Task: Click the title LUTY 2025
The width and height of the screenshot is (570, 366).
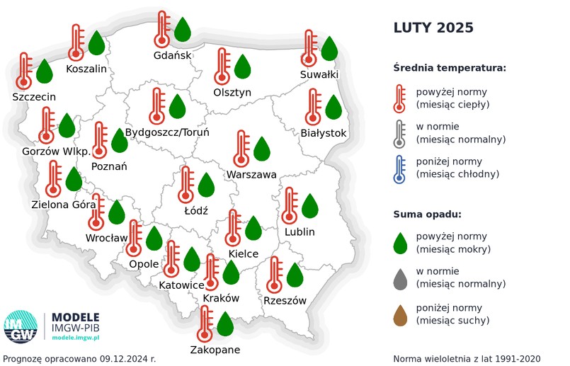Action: (433, 28)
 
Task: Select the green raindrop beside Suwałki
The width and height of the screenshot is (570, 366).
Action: (329, 49)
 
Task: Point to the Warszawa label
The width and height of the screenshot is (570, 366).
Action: (251, 174)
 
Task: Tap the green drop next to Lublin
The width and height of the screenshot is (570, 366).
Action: (310, 206)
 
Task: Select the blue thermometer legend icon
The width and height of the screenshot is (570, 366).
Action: (400, 168)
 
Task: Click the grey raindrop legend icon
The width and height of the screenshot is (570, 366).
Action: (400, 278)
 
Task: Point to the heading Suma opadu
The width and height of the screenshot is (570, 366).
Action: (428, 214)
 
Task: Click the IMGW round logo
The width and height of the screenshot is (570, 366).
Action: (21, 328)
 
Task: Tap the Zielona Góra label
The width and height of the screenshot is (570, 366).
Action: (64, 205)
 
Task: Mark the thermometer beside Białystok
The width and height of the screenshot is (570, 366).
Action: (313, 108)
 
